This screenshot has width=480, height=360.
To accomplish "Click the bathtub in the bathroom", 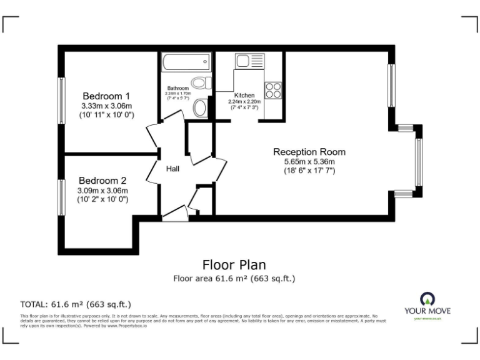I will pos(186,62).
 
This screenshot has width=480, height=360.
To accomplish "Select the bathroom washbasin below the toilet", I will pos(201,107).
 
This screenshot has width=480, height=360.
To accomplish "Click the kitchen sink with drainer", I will pos(250,62).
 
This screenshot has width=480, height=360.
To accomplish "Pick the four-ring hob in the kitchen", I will pos(272,91).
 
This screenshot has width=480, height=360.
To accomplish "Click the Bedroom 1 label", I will pos(107,96).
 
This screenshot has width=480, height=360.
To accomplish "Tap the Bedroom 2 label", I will pos(102,181).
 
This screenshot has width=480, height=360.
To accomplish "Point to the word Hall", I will pos(173,169).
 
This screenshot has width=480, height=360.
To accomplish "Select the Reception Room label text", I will pos(309,152).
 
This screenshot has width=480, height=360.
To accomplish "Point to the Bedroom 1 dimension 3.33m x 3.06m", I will pos(107,106).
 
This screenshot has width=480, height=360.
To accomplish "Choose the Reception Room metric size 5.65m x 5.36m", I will pos(309,162).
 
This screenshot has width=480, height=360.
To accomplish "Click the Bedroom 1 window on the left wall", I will pos(61,101).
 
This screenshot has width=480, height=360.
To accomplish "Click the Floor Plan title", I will pos(234,265).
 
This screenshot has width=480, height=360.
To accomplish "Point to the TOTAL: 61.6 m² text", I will pos(75,304).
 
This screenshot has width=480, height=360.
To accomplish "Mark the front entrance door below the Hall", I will pos(174,214).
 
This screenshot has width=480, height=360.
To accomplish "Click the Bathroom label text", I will pos(177,89).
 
